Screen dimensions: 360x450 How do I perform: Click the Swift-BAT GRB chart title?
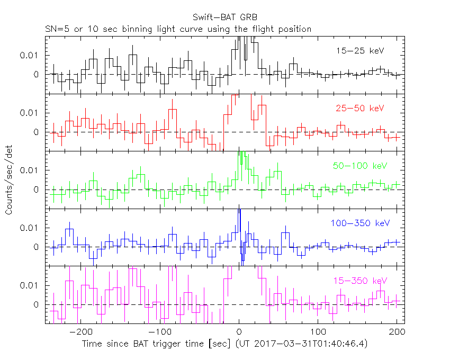226,17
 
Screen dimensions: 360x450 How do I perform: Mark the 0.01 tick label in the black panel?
30,55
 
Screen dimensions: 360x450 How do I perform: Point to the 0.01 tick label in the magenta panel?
30,285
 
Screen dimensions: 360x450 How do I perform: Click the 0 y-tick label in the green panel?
37,190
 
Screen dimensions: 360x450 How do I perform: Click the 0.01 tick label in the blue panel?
30,228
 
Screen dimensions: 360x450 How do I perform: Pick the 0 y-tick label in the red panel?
37,132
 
